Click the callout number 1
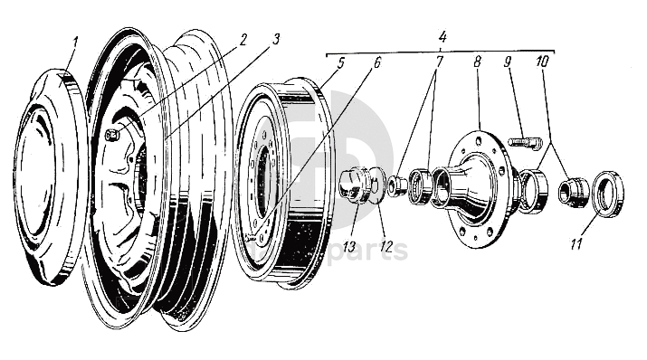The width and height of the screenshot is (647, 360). (x=74, y=43)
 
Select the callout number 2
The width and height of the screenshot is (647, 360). (x=243, y=40)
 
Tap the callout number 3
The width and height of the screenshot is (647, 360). (x=276, y=40)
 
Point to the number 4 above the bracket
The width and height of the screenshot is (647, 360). (x=442, y=37)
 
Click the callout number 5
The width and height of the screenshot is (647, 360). (x=340, y=63)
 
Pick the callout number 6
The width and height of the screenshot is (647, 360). (x=376, y=62)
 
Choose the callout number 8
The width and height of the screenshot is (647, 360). (x=477, y=62)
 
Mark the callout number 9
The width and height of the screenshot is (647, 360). (x=507, y=62)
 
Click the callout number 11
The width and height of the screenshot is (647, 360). (x=576, y=243)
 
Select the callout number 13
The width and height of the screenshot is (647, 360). (x=349, y=247)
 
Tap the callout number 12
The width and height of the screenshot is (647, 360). (x=385, y=247)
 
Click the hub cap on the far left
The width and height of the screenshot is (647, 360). (x=51, y=177)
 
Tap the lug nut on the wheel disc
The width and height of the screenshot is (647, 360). (x=112, y=135)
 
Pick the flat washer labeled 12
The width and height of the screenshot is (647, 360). (x=376, y=185)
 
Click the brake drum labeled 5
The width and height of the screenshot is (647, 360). (x=284, y=183)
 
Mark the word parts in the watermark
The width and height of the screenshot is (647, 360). (x=369, y=250)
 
